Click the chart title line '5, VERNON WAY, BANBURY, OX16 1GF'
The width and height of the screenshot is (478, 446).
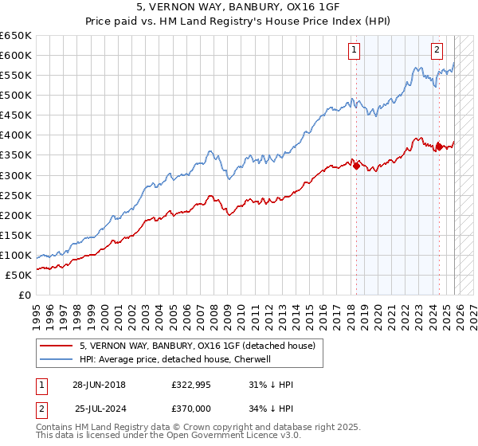tap(239, 7)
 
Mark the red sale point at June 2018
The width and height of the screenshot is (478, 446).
tap(355, 166)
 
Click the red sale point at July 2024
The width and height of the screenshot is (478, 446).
tap(438, 147)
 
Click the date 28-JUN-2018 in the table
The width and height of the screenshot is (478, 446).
tap(99, 384)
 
